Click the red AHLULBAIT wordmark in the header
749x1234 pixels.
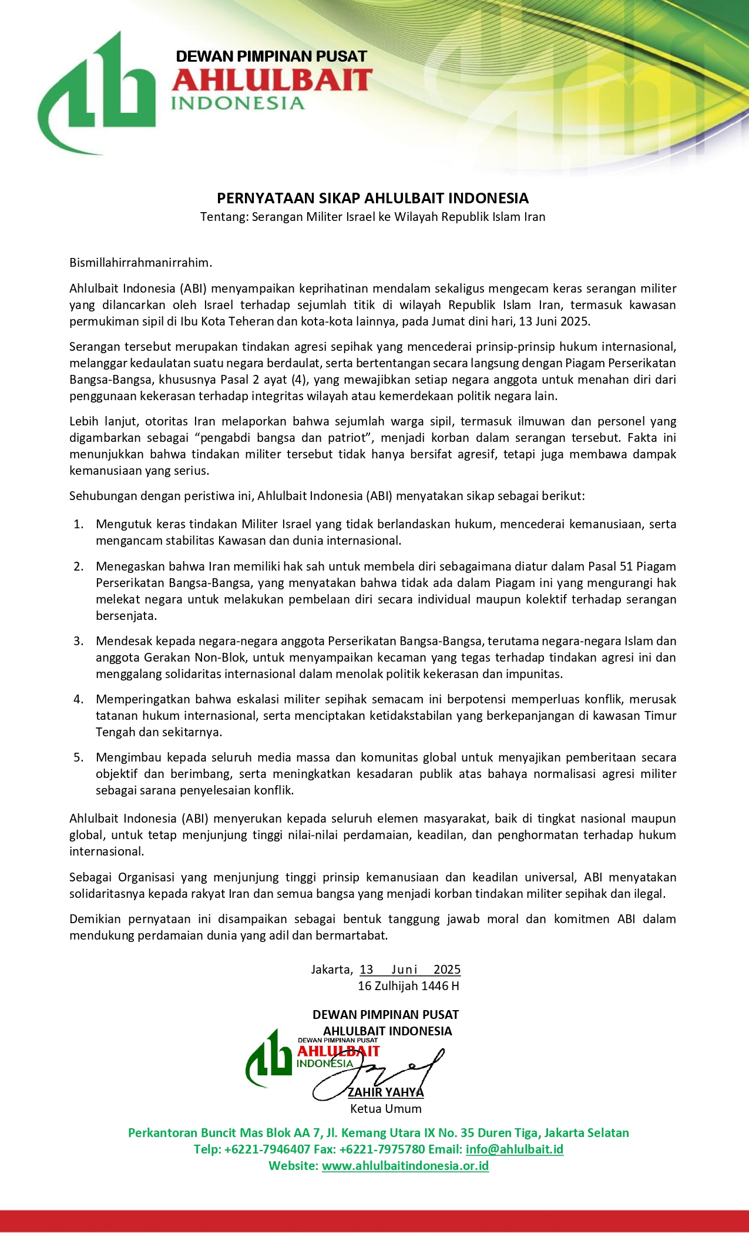click(x=272, y=80)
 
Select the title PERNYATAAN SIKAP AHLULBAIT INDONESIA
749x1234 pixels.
click(x=372, y=198)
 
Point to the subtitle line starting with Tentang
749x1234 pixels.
click(x=372, y=217)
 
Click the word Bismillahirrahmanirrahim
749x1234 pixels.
click(x=140, y=262)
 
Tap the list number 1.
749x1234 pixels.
click(x=78, y=524)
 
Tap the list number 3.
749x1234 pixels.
click(x=78, y=641)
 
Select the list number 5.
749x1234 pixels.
click(x=78, y=757)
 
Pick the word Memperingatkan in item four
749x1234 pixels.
click(x=142, y=699)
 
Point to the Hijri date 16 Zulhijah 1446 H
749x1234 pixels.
click(x=408, y=986)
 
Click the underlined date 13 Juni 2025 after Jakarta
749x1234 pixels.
click(x=409, y=970)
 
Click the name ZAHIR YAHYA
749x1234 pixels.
click(x=385, y=1092)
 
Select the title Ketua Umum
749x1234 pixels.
click(x=385, y=1109)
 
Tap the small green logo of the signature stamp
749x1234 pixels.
click(x=269, y=1058)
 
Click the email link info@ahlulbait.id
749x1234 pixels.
click(x=514, y=1149)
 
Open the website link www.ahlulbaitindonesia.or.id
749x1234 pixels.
click(x=405, y=1166)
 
